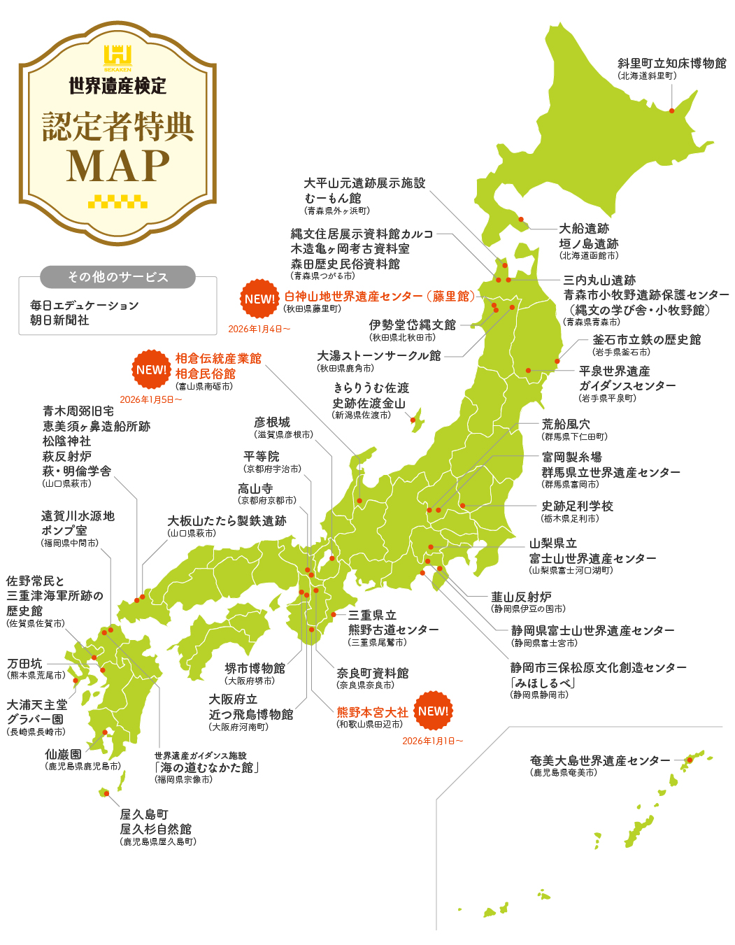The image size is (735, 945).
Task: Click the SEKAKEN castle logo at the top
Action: pyautogui.click(x=117, y=57)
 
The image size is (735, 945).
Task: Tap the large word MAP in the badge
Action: pyautogui.click(x=117, y=166)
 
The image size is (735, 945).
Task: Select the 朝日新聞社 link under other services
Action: pyautogui.click(x=59, y=320)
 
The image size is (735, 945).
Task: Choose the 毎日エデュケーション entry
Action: pyautogui.click(x=84, y=305)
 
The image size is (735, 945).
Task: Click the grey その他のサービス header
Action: pyautogui.click(x=117, y=277)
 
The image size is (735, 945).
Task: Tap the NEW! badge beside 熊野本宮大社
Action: pyautogui.click(x=434, y=711)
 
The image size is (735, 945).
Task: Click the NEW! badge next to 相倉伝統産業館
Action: pyautogui.click(x=151, y=369)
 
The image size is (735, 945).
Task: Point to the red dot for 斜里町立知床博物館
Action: pyautogui.click(x=671, y=111)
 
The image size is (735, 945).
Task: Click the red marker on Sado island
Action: pyautogui.click(x=413, y=420)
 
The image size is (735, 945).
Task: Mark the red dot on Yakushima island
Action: pyautogui.click(x=106, y=793)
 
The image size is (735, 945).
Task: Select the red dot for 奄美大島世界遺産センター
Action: pyautogui.click(x=690, y=760)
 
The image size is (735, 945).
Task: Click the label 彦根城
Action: pyautogui.click(x=271, y=422)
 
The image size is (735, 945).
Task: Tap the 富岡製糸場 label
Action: pyautogui.click(x=571, y=457)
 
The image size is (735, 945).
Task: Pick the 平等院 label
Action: pyautogui.click(x=261, y=457)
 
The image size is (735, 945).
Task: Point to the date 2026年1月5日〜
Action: pyautogui.click(x=150, y=399)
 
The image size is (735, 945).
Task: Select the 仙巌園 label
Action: pyautogui.click(x=63, y=754)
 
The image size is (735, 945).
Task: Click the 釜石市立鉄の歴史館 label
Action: pyautogui.click(x=646, y=339)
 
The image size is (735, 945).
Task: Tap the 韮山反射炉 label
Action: pyautogui.click(x=521, y=597)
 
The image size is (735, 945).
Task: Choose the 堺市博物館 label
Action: pyautogui.click(x=255, y=668)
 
